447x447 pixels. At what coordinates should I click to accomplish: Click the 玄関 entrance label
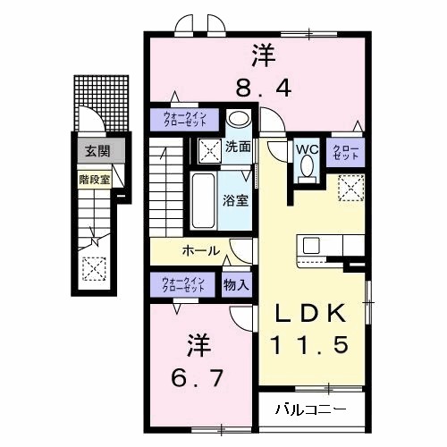point(94,152)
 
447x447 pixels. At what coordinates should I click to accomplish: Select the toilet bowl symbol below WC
point(308,166)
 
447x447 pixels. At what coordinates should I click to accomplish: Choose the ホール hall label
point(200,251)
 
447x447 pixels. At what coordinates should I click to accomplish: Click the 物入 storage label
point(237,286)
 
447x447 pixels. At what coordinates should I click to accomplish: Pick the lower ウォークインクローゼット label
point(183,286)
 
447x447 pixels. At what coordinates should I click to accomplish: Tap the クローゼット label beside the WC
point(345,153)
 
